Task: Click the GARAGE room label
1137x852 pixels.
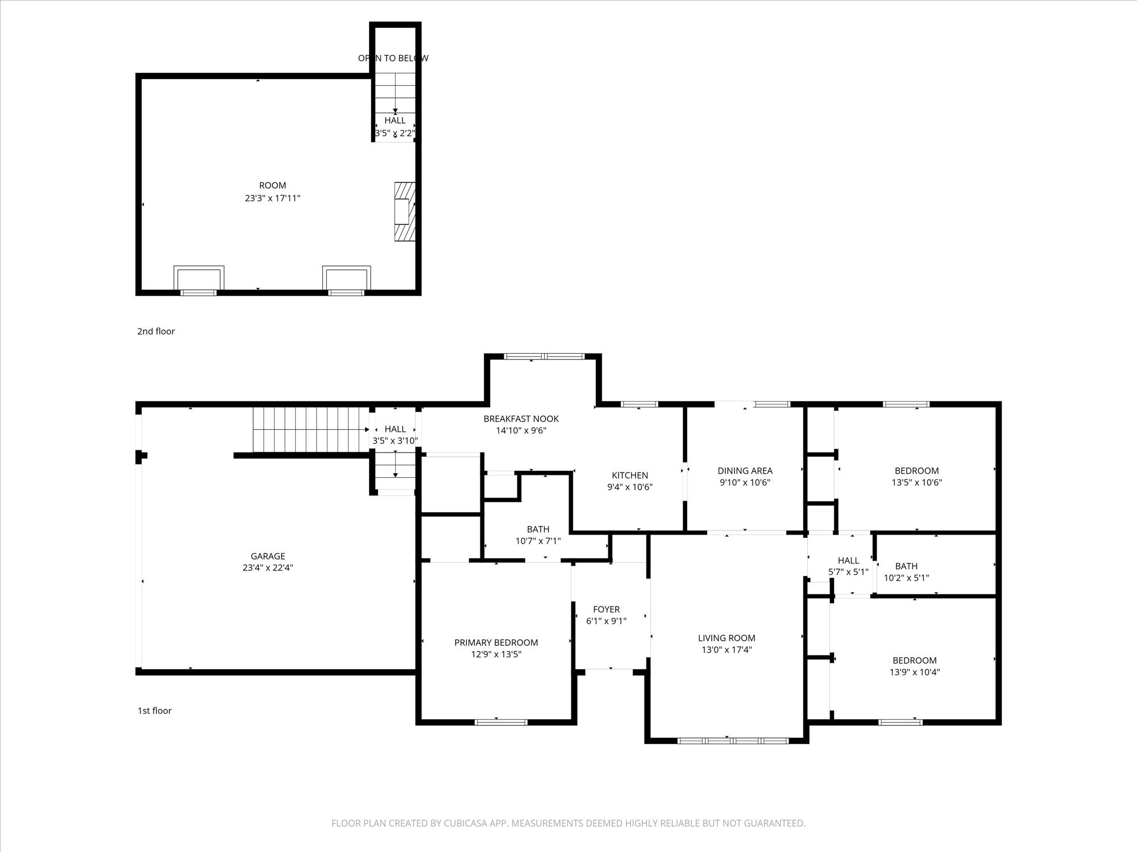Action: click(x=268, y=556)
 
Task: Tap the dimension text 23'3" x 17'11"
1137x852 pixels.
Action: click(x=272, y=198)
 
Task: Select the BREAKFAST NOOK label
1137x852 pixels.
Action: click(x=521, y=419)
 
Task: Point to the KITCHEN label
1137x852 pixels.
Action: click(x=630, y=475)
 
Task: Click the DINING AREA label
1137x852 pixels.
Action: click(x=745, y=470)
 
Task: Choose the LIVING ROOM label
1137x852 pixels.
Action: click(x=727, y=638)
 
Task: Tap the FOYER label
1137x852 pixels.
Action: click(x=606, y=609)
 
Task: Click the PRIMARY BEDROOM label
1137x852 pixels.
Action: click(x=496, y=642)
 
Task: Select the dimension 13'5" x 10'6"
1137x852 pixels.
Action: click(x=916, y=482)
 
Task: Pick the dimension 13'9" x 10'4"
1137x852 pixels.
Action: click(x=915, y=672)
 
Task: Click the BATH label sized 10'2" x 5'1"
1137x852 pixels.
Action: click(x=906, y=566)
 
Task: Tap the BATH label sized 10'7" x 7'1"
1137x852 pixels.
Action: click(x=538, y=529)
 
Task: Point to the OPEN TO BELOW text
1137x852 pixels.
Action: click(x=393, y=58)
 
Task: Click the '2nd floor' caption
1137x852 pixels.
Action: click(x=156, y=331)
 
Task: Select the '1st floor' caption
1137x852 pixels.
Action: click(x=155, y=711)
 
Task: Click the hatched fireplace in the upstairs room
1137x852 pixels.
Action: click(x=405, y=211)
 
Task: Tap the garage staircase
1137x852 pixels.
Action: click(x=310, y=429)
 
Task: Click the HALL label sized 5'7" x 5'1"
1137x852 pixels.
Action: click(x=848, y=561)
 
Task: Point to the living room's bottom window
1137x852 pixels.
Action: click(x=733, y=741)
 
